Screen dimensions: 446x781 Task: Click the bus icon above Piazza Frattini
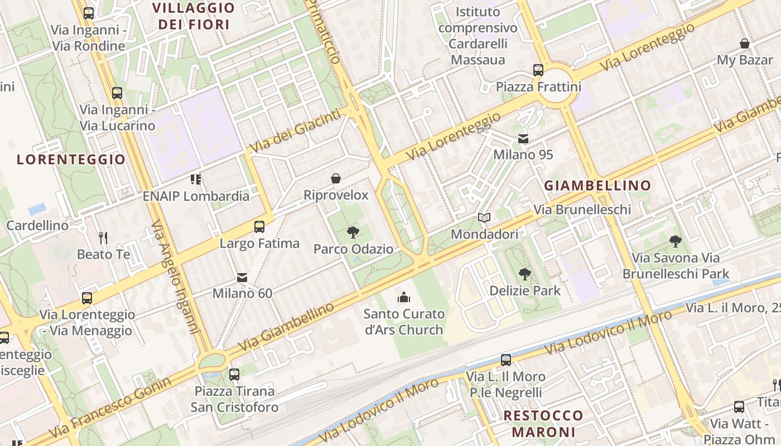[538, 70]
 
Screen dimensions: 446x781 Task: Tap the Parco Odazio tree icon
[353, 232]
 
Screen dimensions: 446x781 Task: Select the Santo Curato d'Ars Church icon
[404, 297]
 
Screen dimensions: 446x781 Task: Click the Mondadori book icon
[484, 217]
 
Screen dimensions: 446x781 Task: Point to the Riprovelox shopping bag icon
[336, 178]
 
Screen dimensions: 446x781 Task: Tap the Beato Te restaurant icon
[103, 238]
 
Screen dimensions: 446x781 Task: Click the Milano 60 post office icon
[242, 277]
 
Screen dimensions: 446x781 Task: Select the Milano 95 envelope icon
[523, 138]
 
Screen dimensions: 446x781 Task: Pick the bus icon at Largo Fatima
[259, 227]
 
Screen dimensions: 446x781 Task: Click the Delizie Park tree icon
[524, 274]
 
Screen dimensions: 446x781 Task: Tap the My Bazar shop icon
[744, 43]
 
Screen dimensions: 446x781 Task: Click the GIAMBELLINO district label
[597, 186]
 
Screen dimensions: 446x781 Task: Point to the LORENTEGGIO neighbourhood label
[71, 160]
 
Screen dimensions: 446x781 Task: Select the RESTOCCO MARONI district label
[543, 424]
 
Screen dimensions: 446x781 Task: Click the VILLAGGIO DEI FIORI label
[194, 16]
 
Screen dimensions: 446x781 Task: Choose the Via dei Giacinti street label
[295, 131]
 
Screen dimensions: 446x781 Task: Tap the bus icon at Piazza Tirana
[234, 374]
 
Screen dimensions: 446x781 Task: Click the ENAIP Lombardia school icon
[196, 180]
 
